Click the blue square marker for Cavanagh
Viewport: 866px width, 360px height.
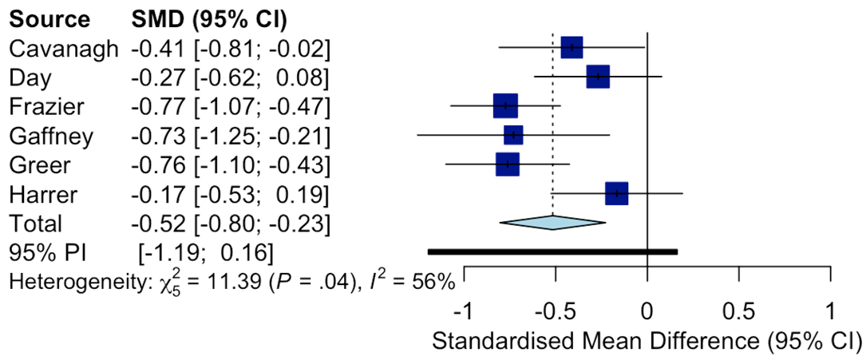click(571, 47)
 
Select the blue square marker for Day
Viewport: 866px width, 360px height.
click(598, 77)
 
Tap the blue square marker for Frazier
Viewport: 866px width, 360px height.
click(505, 105)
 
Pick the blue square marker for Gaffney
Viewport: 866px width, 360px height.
click(513, 135)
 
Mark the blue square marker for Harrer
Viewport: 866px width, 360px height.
click(616, 193)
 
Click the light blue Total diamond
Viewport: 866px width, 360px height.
click(552, 223)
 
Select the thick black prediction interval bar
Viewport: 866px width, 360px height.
click(552, 251)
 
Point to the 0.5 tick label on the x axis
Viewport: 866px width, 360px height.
click(739, 309)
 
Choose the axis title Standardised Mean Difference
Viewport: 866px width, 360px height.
click(647, 341)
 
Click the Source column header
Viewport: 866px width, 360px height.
click(49, 18)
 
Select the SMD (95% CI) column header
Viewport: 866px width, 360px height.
click(208, 18)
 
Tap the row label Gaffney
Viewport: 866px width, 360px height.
click(51, 136)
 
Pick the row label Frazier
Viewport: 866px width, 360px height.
click(47, 106)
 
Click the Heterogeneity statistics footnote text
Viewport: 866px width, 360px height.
click(231, 281)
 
